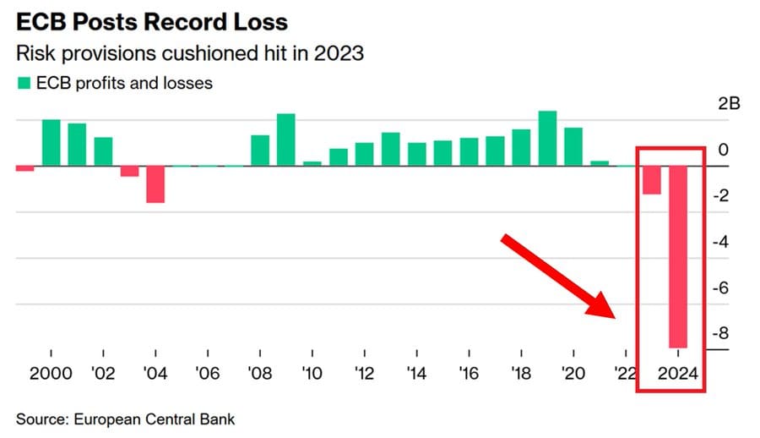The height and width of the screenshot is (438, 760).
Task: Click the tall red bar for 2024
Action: click(679, 256)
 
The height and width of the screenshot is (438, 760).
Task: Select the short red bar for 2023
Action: click(651, 180)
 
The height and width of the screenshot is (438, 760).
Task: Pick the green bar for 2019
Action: click(547, 139)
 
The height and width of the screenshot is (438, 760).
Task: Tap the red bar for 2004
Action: click(155, 184)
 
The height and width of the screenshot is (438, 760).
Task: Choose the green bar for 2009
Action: click(286, 140)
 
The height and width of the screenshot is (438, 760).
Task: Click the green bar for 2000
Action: click(52, 143)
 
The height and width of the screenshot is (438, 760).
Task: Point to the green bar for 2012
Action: click(365, 154)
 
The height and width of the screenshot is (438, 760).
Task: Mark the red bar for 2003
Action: click(129, 171)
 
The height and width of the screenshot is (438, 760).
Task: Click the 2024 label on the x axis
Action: click(678, 374)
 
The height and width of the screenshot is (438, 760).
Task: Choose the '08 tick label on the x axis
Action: click(260, 374)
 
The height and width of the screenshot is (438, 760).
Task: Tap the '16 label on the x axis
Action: click(469, 374)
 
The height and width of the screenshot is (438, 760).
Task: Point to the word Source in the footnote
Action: click(39, 419)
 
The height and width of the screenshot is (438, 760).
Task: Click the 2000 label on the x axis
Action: click(52, 374)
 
